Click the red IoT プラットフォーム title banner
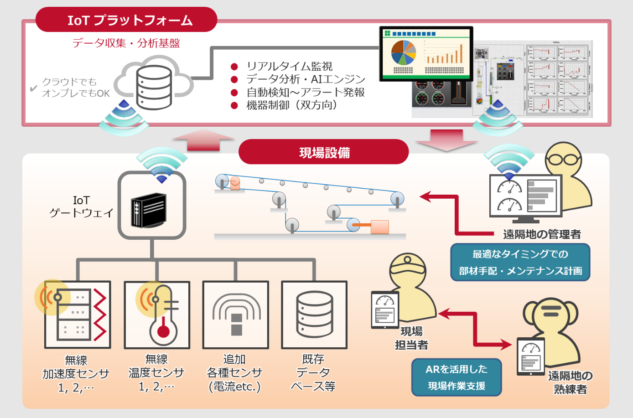click(126, 20)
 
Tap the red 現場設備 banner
click(323, 152)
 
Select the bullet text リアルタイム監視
click(290, 66)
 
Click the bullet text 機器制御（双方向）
click(292, 105)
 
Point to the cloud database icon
click(154, 87)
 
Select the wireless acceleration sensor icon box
click(78, 315)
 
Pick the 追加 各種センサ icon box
click(236, 315)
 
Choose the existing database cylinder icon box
click(314, 315)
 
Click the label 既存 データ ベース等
click(313, 372)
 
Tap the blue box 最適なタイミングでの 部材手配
click(520, 262)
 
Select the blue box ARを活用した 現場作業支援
click(457, 377)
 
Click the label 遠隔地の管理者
click(542, 234)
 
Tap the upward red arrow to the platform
click(203, 140)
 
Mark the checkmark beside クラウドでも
click(33, 88)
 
